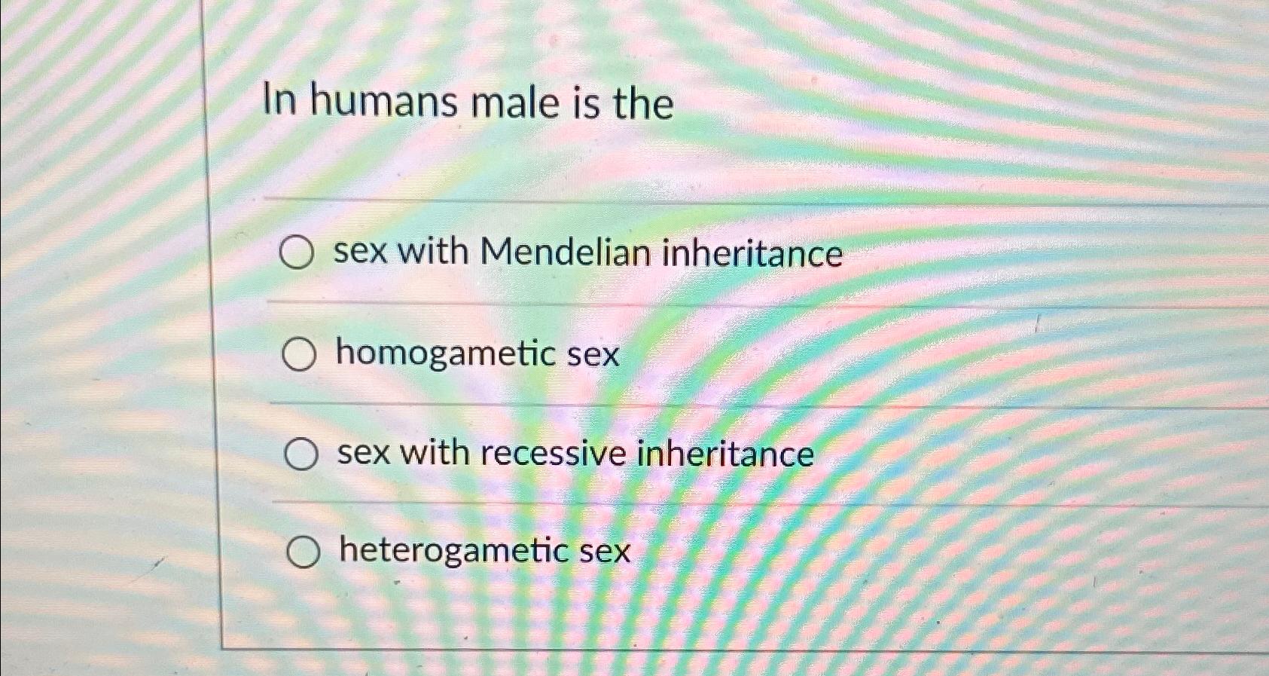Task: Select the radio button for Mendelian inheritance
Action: (297, 252)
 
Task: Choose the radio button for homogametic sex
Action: (299, 355)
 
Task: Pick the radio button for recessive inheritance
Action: (301, 454)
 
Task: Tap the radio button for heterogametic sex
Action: (303, 552)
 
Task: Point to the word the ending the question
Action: (642, 103)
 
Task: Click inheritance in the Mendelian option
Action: (752, 252)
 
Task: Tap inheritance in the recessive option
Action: (725, 454)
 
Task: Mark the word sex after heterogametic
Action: (605, 551)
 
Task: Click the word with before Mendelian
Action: (432, 251)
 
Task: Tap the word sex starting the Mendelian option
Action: (360, 251)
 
